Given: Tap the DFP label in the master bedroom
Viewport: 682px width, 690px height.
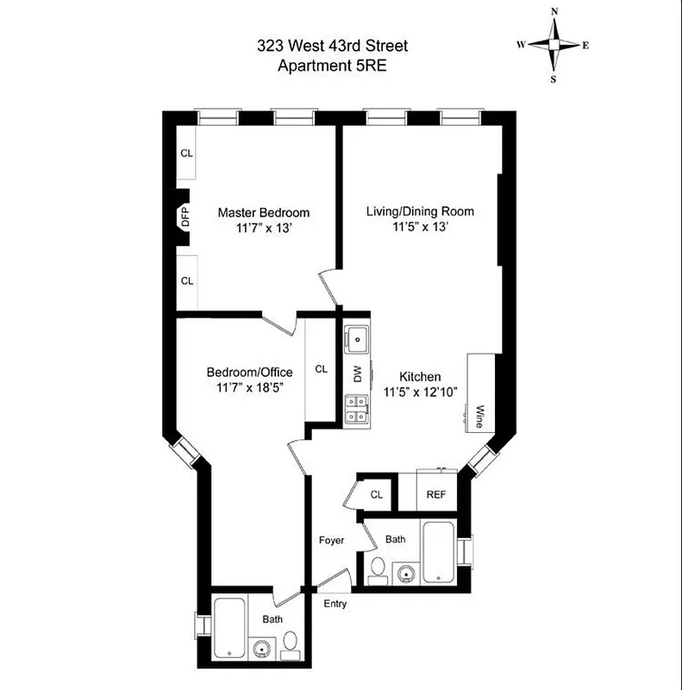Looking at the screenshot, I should [185, 216].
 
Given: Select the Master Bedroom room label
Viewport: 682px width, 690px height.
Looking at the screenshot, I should [263, 212].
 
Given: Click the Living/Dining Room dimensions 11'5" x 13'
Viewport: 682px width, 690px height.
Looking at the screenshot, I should [420, 228].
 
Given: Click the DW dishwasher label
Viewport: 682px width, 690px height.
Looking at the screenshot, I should [357, 374].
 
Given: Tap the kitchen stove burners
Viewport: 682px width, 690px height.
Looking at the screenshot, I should [356, 410].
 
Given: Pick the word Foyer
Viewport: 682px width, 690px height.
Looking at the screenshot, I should [331, 541].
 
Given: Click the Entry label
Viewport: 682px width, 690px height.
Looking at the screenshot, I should [335, 604].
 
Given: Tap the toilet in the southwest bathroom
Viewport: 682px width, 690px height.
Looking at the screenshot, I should [291, 642].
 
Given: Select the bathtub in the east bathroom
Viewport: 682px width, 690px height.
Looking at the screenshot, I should [438, 551].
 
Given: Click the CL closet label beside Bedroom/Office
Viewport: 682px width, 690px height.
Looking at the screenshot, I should [321, 369].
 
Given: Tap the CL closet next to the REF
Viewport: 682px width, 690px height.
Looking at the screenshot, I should [376, 494].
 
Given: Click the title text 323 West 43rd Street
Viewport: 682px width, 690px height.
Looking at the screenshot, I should [331, 47].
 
